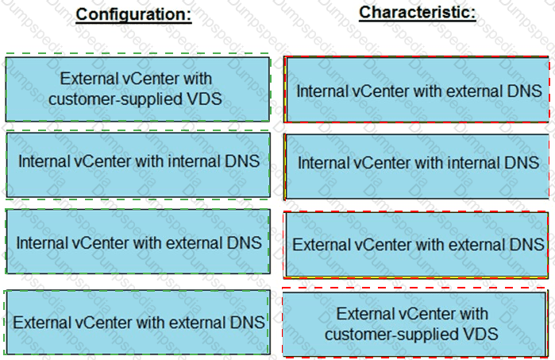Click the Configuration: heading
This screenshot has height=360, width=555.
(x=133, y=15)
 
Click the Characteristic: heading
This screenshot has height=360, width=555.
(x=418, y=13)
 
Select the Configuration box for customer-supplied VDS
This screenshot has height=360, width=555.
(x=137, y=88)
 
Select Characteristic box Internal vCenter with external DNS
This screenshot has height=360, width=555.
(x=419, y=91)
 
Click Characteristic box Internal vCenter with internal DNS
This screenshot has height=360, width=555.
(x=419, y=163)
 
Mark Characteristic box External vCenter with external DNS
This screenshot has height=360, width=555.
(x=419, y=244)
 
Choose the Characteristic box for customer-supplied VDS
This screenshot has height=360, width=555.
(x=419, y=324)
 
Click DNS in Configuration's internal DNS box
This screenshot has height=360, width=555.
(x=243, y=161)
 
